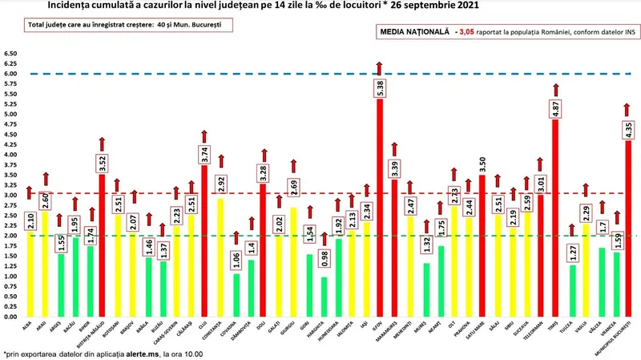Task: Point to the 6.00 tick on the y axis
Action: (11, 74)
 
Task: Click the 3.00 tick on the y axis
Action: (11, 195)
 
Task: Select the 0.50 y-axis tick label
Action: (11, 297)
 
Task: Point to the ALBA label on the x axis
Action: (26, 324)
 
